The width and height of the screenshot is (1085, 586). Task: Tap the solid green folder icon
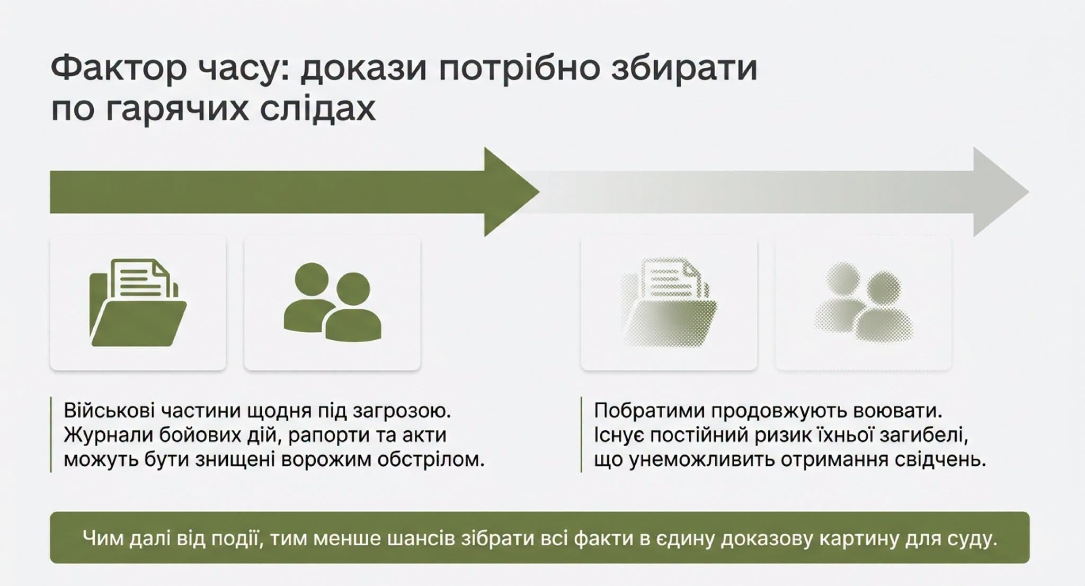tap(138, 303)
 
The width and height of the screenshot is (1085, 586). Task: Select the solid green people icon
tap(332, 302)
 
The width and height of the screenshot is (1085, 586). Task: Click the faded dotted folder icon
tap(669, 303)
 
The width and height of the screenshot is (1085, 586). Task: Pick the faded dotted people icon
tap(863, 302)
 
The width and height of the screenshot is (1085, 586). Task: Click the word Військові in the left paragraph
tap(110, 411)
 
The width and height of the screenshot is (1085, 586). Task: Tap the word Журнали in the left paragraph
tap(108, 435)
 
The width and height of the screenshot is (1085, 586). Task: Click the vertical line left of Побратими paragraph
tap(581, 434)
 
